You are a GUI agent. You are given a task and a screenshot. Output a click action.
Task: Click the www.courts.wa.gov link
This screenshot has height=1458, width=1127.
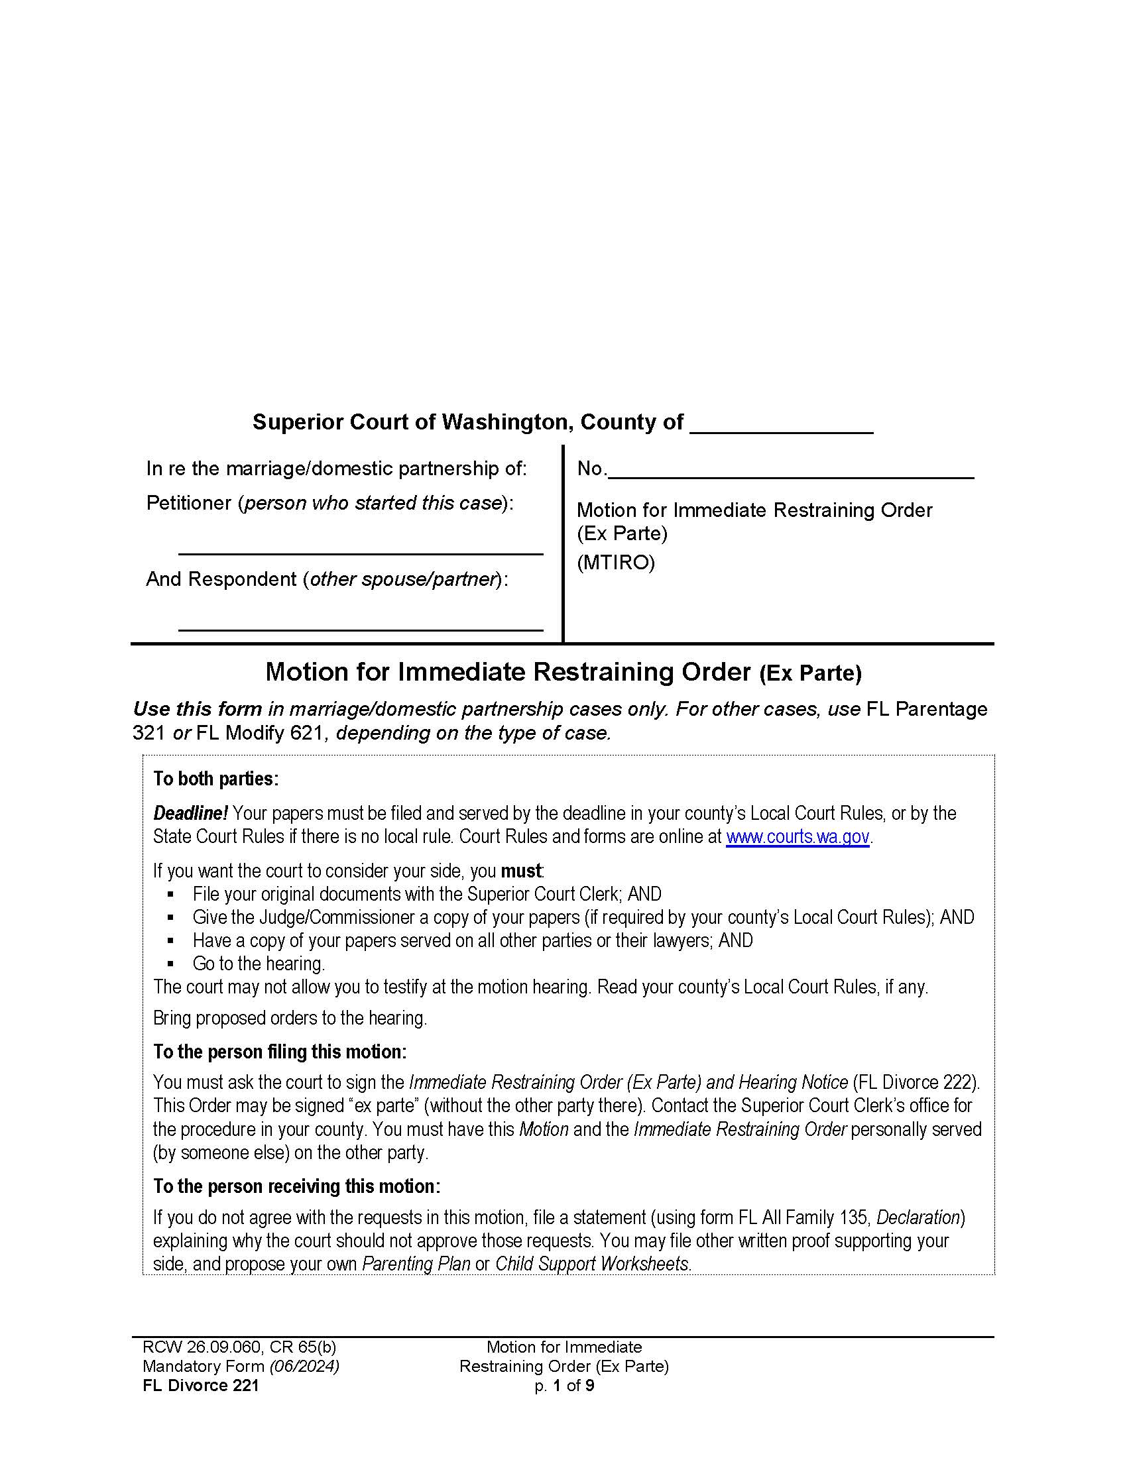797,836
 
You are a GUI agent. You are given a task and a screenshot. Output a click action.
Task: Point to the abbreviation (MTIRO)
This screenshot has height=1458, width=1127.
616,563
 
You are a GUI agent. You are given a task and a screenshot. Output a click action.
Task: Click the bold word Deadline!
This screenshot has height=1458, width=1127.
190,813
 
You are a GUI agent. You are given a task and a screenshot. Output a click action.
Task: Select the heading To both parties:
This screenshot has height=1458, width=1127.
215,779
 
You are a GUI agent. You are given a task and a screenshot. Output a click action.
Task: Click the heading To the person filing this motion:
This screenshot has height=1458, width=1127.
280,1052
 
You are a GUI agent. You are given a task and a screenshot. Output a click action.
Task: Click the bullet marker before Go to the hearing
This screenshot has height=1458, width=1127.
172,964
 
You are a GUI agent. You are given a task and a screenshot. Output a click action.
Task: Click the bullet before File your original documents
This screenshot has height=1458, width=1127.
172,894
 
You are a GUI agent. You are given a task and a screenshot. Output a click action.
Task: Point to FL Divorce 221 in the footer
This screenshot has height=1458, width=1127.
200,1385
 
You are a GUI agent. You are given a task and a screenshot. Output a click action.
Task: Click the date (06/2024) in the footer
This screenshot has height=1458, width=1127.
304,1366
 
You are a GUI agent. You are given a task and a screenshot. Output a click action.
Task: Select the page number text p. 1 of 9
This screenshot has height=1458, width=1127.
563,1385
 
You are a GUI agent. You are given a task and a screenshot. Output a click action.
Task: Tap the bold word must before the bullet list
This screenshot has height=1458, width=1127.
521,871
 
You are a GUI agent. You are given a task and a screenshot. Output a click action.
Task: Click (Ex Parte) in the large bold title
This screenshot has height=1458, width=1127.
810,673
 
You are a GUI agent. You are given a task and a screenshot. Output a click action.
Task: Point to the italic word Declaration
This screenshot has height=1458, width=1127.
918,1217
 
